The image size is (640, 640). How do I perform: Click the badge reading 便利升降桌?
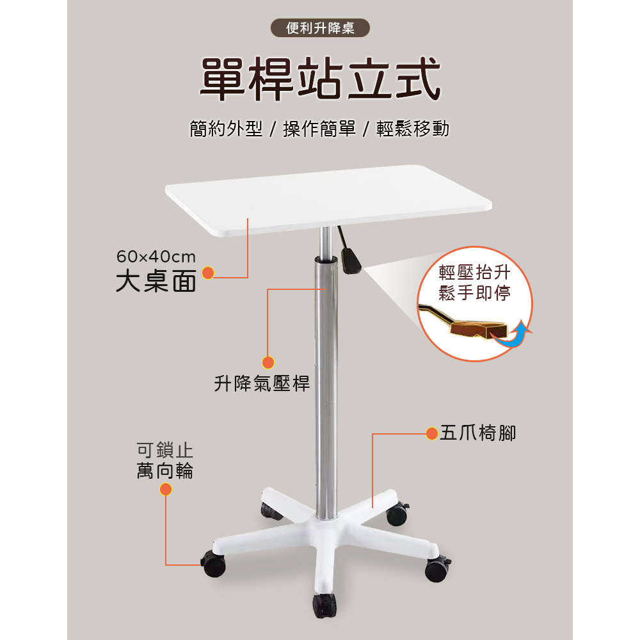(x=319, y=29)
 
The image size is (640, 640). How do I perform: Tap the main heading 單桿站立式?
(x=320, y=79)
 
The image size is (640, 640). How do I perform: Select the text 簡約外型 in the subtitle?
(x=226, y=129)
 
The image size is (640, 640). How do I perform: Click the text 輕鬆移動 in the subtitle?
(x=413, y=129)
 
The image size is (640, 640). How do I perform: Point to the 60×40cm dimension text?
(x=156, y=257)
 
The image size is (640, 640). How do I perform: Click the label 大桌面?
(x=156, y=282)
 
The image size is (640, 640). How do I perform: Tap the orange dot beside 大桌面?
(x=208, y=274)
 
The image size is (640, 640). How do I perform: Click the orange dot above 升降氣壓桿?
(x=268, y=362)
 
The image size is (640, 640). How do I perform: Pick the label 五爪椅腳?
(x=477, y=433)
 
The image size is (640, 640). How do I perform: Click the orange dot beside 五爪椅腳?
(x=432, y=434)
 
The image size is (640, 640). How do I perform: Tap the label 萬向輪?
(x=165, y=471)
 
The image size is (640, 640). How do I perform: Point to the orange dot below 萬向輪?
(x=166, y=490)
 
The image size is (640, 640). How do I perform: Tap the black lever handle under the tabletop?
(x=351, y=259)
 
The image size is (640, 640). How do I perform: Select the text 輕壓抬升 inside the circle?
(x=474, y=273)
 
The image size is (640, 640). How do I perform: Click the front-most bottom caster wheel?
(x=324, y=605)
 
